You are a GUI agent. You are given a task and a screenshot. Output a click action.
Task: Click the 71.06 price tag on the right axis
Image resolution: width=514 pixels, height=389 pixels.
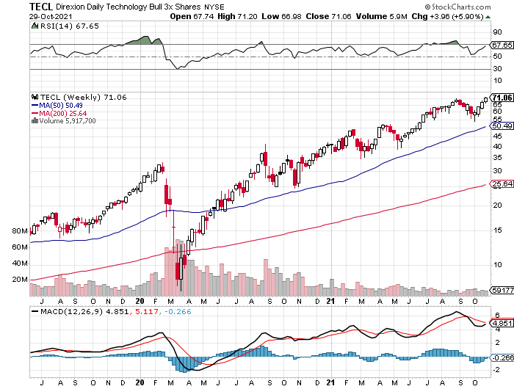pyautogui.click(x=502, y=98)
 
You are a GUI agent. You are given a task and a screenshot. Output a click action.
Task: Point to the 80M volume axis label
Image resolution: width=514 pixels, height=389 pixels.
pyautogui.click(x=20, y=230)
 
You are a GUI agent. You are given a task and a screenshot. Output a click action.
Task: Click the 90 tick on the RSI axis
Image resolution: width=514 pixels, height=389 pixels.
pyautogui.click(x=497, y=32)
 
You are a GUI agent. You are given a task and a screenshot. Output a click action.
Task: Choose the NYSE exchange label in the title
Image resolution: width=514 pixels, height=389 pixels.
pyautogui.click(x=194, y=6)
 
